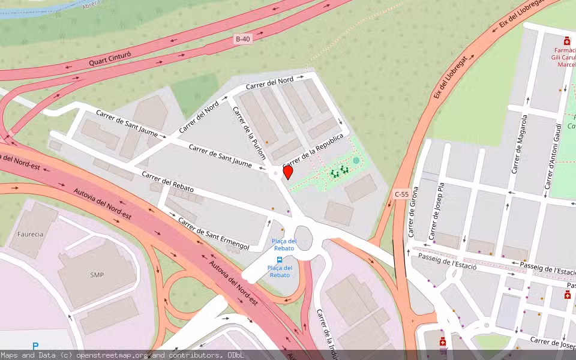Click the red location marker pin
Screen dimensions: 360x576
288,172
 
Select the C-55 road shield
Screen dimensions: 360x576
401,194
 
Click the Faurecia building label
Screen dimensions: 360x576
30,234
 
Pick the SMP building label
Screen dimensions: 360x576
97,275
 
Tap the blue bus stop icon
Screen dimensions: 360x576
280,260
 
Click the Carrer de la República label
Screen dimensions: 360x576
313,150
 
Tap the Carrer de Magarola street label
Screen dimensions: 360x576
520,145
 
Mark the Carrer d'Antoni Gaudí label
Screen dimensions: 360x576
553,158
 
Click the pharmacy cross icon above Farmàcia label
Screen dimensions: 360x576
566,41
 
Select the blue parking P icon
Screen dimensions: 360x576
35,346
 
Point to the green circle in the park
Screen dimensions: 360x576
356,160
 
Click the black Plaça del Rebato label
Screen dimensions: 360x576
284,244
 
